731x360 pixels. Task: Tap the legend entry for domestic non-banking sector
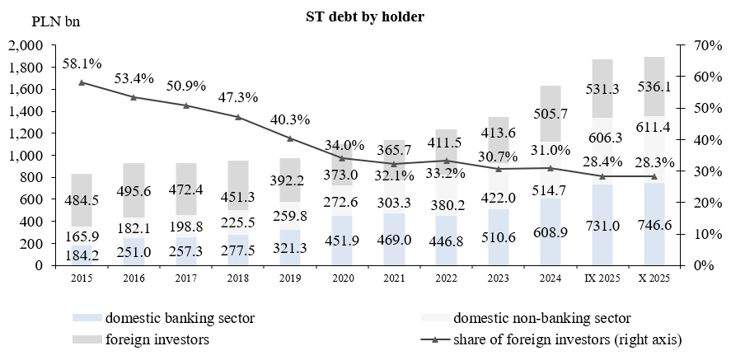pos(541,318)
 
